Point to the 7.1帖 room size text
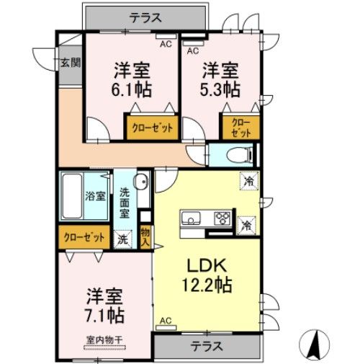pos(105,315)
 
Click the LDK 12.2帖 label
pos(204,275)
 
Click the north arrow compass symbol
pos(314,343)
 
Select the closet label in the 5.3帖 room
pos(241,128)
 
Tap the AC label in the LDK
pos(166,321)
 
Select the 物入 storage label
pos(145,236)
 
